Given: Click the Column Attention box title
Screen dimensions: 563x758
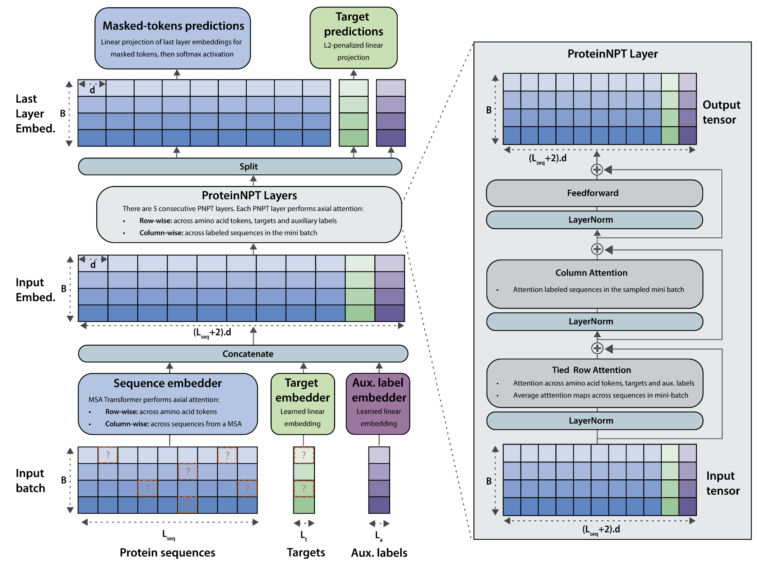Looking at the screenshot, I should click(x=591, y=273).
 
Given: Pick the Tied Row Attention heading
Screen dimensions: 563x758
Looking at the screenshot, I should click(x=591, y=370).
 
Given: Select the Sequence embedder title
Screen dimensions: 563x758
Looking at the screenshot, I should click(x=167, y=383).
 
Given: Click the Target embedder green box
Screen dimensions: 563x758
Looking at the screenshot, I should click(x=302, y=404).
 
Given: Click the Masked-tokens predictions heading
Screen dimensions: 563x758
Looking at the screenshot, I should click(x=173, y=26).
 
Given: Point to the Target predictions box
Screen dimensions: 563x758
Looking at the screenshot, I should click(x=353, y=38).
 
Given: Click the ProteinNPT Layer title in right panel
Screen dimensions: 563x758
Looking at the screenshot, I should click(x=613, y=54).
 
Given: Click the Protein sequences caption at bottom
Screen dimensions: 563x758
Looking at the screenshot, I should click(x=167, y=553).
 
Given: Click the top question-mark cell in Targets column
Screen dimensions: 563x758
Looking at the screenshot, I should click(x=304, y=455).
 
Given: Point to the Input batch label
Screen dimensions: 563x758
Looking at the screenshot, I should click(x=31, y=481).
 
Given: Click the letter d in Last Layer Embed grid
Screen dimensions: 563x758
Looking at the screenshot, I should click(x=92, y=90).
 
